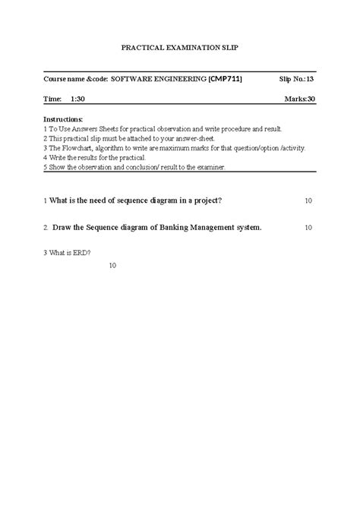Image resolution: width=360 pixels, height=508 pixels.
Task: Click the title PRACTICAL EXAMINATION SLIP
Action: point(179,47)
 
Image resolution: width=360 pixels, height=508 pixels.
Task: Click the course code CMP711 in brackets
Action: point(226,78)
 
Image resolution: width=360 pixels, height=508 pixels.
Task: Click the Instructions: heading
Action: point(64,119)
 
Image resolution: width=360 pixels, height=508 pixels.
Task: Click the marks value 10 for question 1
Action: point(308,200)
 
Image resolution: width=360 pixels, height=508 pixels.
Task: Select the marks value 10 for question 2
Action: point(308,227)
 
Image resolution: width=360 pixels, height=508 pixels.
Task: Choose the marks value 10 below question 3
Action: point(112,266)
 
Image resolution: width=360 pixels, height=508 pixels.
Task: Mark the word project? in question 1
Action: point(206,200)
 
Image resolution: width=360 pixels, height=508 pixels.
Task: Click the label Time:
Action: point(52,99)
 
